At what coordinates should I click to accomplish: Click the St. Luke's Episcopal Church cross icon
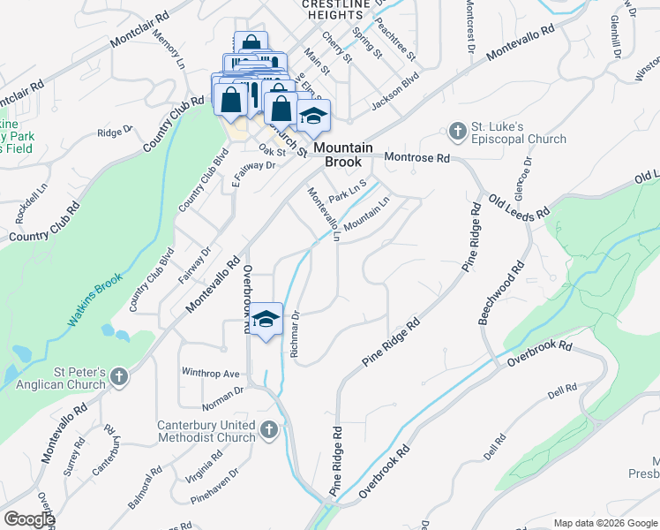[457, 132]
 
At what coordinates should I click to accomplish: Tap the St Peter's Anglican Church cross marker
[120, 379]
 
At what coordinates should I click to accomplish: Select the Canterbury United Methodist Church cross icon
[269, 432]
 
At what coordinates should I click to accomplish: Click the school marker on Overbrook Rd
[265, 319]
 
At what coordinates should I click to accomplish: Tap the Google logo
[29, 519]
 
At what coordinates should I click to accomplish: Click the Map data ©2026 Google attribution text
[604, 523]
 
